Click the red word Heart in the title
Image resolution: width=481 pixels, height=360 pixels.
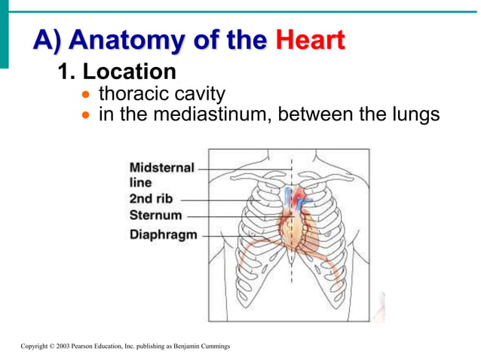(310, 38)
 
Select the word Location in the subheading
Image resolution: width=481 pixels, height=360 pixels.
(129, 72)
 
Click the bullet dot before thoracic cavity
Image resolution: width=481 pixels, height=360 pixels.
(87, 96)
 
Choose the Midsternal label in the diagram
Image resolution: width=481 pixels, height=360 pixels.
(161, 168)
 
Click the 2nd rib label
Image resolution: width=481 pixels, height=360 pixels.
(152, 200)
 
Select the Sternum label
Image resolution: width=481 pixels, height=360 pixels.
(155, 216)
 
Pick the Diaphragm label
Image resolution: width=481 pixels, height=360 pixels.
(164, 234)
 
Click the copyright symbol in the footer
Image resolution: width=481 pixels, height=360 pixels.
(52, 346)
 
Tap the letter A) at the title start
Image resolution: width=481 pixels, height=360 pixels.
(46, 38)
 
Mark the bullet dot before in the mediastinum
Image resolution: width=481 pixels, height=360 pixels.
(87, 117)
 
